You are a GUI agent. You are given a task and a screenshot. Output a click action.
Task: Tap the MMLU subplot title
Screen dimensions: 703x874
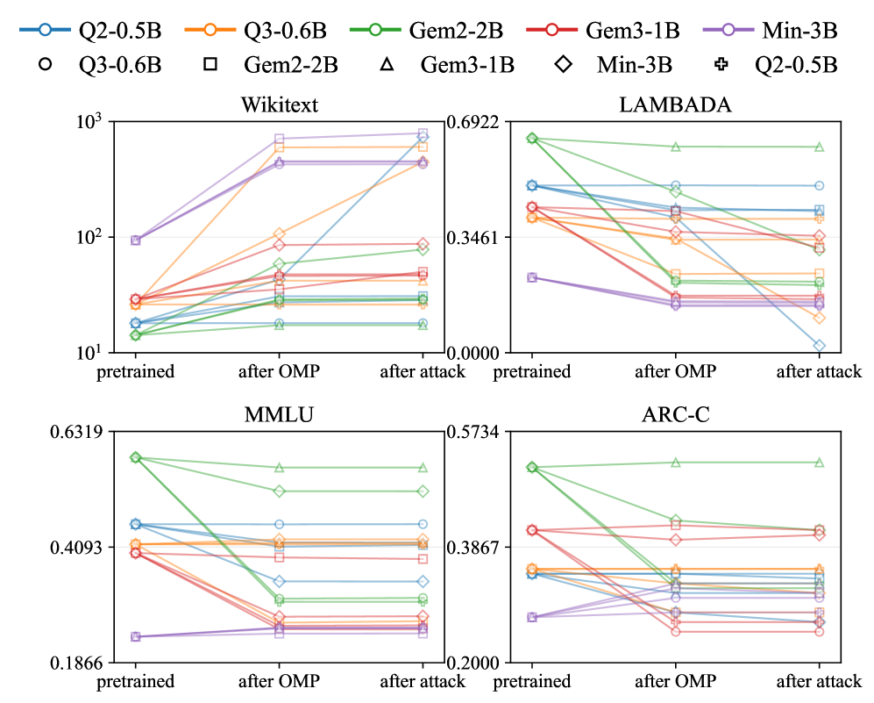pyautogui.click(x=279, y=415)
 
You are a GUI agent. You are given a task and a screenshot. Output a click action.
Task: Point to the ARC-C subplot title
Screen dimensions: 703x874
pyautogui.click(x=675, y=415)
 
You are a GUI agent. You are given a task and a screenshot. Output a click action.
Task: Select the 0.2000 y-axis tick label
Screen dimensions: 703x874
pyautogui.click(x=473, y=663)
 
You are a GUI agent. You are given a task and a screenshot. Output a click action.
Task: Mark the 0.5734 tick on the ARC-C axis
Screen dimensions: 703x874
pyautogui.click(x=473, y=432)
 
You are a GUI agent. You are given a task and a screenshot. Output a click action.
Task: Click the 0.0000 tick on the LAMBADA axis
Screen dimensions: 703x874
pyautogui.click(x=473, y=353)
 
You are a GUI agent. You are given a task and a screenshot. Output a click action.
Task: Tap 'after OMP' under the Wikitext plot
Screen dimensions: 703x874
pyautogui.click(x=279, y=371)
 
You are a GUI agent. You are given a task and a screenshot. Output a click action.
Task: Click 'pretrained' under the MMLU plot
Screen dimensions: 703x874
pyautogui.click(x=135, y=681)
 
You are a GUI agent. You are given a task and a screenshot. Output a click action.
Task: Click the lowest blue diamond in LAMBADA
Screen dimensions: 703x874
pyautogui.click(x=819, y=346)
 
